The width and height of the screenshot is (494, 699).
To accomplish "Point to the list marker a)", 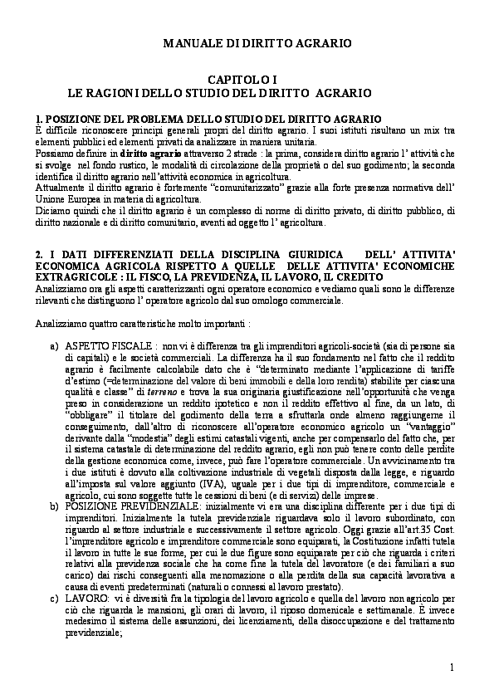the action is click(x=55, y=343).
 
